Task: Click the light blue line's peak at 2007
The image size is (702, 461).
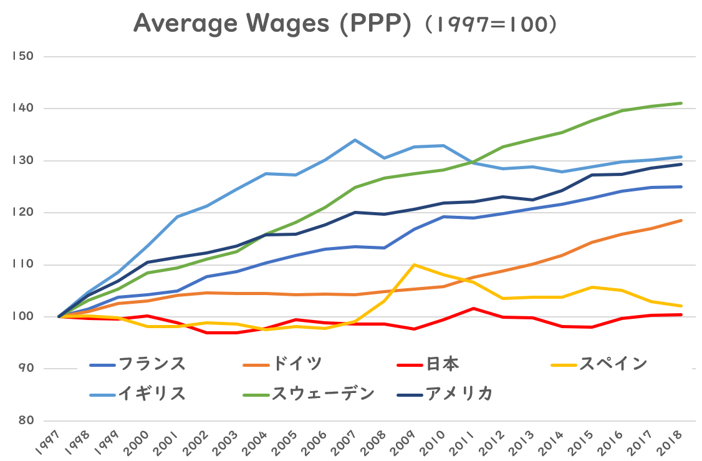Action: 355,140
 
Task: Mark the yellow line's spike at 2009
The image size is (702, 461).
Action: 414,264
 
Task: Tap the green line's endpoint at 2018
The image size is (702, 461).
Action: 681,103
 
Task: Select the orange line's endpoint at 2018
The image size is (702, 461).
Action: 681,220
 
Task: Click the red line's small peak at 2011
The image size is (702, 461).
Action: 473,308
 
